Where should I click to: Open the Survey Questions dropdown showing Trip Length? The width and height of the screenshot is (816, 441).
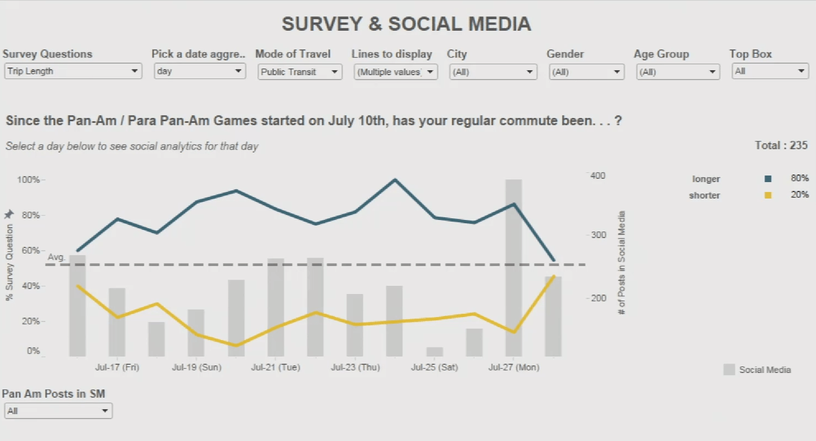point(72,71)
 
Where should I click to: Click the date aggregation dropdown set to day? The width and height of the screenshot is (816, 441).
point(199,71)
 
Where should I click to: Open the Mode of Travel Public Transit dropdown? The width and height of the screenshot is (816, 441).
point(300,72)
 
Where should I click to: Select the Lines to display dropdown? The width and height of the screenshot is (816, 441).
point(395,72)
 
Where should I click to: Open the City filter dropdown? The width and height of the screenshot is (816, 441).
point(492,72)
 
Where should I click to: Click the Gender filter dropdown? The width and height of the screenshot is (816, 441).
point(586,72)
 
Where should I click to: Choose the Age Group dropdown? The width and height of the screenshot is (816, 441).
point(678,72)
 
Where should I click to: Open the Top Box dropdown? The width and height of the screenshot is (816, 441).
point(770,71)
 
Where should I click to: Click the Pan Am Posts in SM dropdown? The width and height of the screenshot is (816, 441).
point(58,411)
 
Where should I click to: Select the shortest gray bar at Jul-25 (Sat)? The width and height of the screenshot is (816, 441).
point(435,352)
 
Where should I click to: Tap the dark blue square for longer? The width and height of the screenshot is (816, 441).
point(768,179)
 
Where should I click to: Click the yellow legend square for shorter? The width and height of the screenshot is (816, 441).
point(768,195)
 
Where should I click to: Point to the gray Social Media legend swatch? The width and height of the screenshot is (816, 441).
point(729,370)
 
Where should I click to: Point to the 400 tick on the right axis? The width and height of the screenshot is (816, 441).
point(598,176)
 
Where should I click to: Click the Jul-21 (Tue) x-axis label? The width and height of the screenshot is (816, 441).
point(275,367)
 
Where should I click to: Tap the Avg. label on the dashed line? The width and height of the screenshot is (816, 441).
point(57,257)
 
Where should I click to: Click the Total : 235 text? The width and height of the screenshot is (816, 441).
point(781,145)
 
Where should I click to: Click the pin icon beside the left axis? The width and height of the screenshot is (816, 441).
point(8,214)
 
